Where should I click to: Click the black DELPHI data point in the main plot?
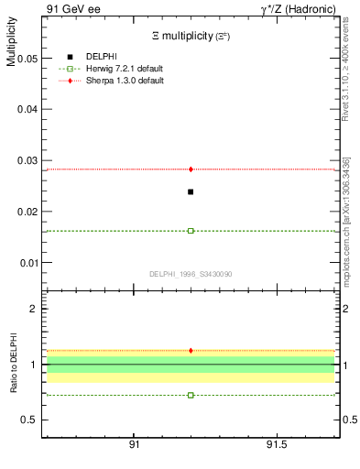coord(191,191)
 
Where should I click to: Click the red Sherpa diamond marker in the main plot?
coord(191,169)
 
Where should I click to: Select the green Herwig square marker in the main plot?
coord(191,231)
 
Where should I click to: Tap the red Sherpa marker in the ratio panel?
coord(191,350)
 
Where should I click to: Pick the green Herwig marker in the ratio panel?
coord(191,395)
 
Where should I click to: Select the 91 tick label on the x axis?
coord(134,444)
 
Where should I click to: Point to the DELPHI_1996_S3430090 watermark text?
coord(191,274)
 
